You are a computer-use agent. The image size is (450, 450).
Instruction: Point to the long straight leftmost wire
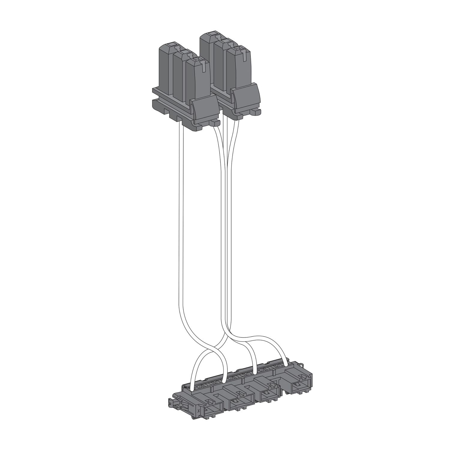pos(181,225)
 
